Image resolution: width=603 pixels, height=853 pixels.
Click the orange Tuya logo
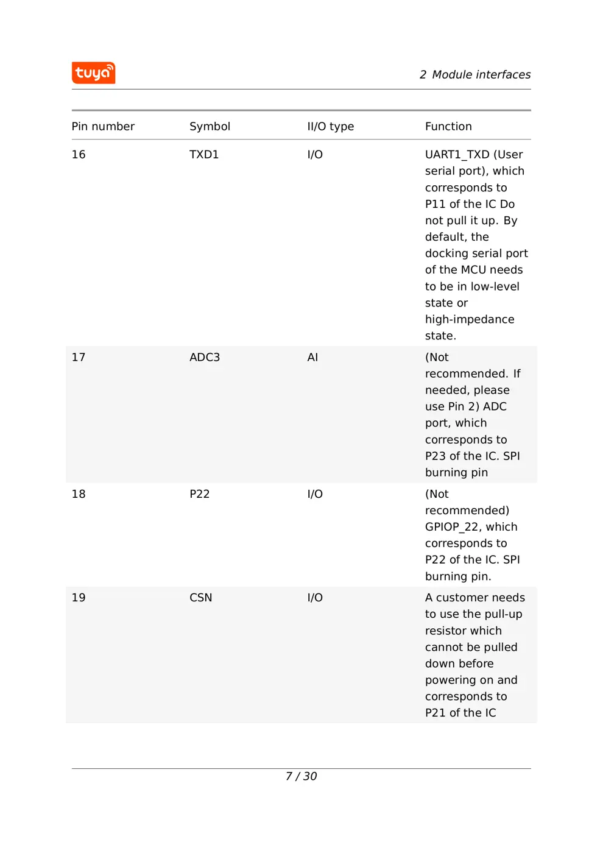(x=93, y=73)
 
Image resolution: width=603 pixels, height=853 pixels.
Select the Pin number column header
(x=103, y=127)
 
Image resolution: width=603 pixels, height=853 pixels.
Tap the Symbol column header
(x=210, y=127)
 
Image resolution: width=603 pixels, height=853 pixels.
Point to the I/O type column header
(x=330, y=127)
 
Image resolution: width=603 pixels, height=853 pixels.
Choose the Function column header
(x=448, y=127)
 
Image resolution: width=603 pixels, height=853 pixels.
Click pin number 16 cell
(x=79, y=155)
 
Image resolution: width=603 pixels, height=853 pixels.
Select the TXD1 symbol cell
(x=203, y=155)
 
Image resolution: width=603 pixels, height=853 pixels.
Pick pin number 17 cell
(x=79, y=358)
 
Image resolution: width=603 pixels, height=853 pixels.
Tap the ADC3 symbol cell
(x=205, y=358)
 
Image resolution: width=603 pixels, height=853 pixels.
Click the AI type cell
(x=312, y=358)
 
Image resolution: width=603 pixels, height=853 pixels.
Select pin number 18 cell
(x=79, y=494)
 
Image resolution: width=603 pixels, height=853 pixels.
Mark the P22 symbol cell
(x=199, y=494)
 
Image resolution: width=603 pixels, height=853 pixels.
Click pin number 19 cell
(x=79, y=598)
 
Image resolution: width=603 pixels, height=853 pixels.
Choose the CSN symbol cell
(x=200, y=598)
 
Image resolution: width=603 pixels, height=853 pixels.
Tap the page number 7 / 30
(x=301, y=776)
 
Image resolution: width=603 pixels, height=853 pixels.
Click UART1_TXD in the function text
(x=457, y=155)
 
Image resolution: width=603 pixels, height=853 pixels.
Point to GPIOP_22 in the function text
(x=451, y=527)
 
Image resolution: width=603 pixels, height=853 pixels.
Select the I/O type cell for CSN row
(x=315, y=598)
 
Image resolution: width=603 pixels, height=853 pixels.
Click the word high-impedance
(x=470, y=319)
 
